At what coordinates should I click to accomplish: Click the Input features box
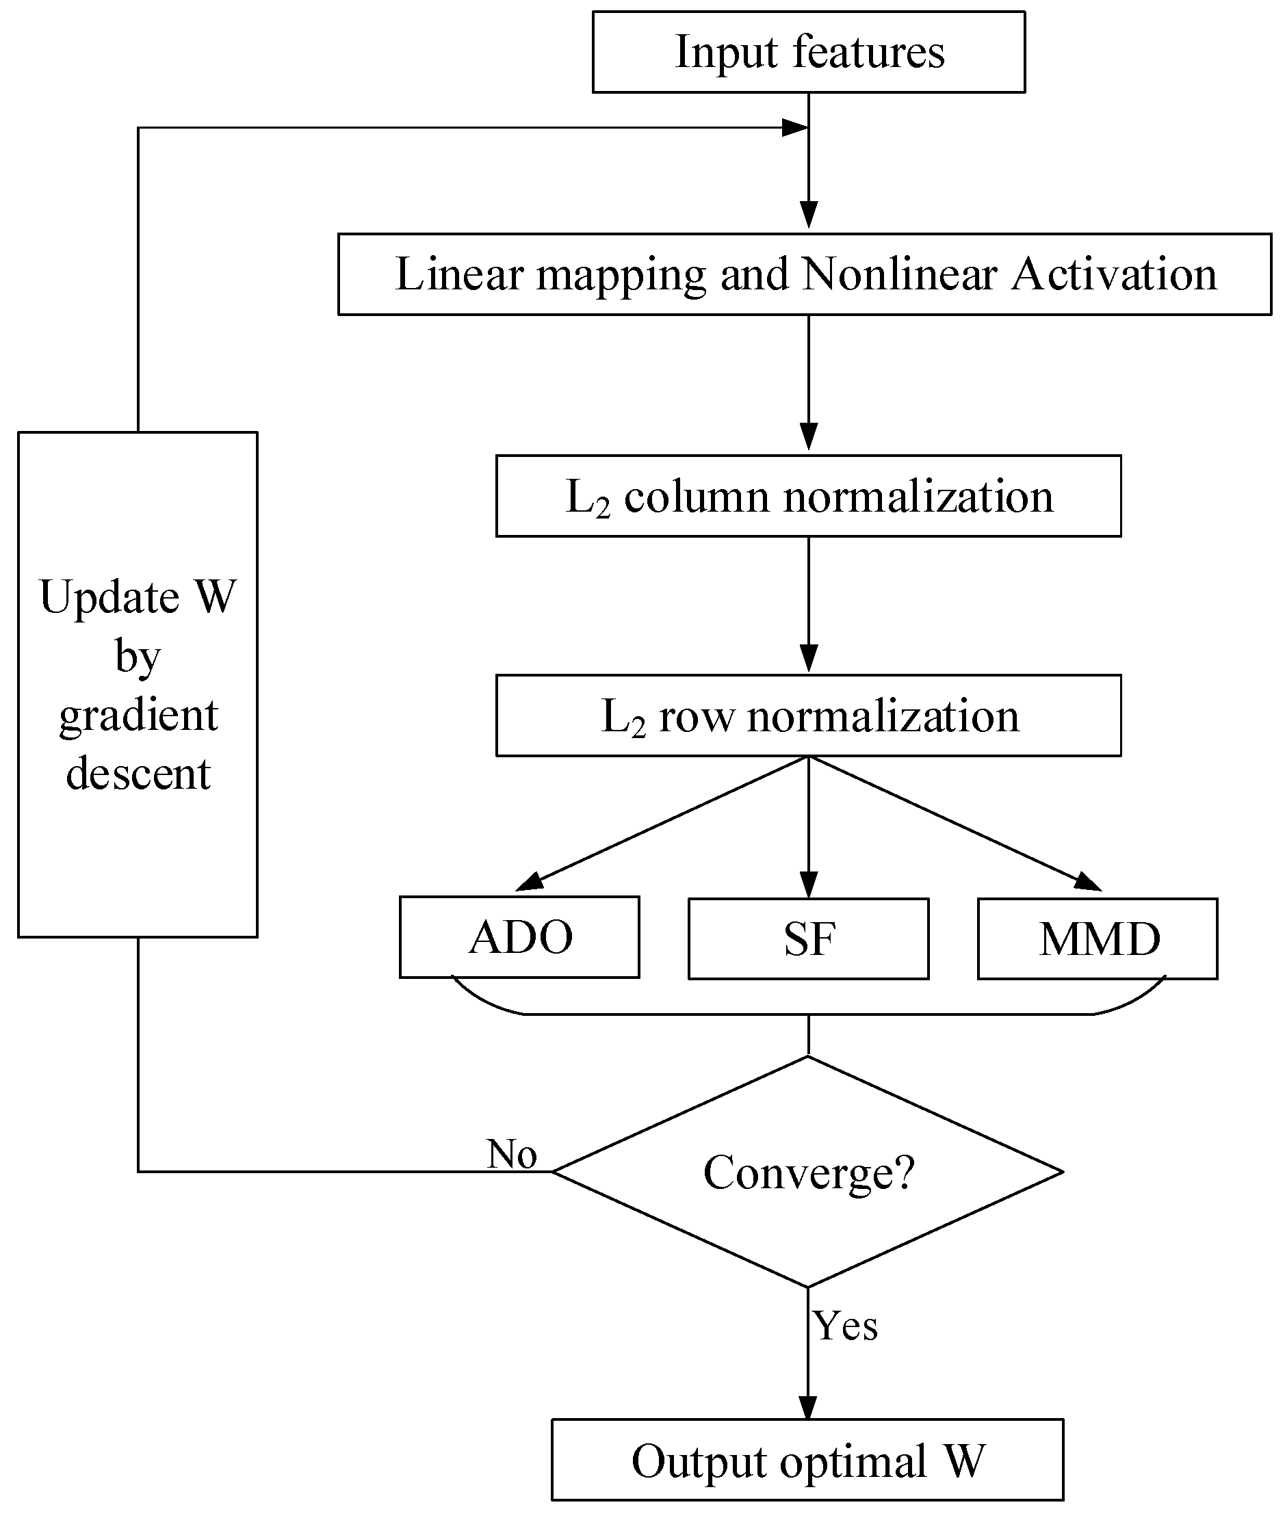tap(809, 52)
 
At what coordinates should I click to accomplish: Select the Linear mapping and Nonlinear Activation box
tap(804, 274)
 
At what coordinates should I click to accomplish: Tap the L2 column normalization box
tap(809, 497)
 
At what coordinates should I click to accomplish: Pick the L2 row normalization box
tap(809, 716)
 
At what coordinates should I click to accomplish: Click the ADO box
tap(519, 937)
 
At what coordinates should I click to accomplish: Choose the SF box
tap(809, 939)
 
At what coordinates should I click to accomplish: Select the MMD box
tap(1097, 939)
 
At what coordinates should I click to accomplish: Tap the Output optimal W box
tap(807, 1460)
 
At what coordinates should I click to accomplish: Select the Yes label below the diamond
tap(845, 1326)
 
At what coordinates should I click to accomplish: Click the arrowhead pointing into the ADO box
tap(530, 882)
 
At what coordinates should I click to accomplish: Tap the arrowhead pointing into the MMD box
tap(1089, 882)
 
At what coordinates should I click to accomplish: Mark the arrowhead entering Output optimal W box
tap(808, 1407)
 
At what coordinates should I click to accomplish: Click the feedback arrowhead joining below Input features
tap(796, 128)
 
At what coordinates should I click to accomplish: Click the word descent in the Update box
tap(138, 774)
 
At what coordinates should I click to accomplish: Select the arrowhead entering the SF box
tap(809, 885)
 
